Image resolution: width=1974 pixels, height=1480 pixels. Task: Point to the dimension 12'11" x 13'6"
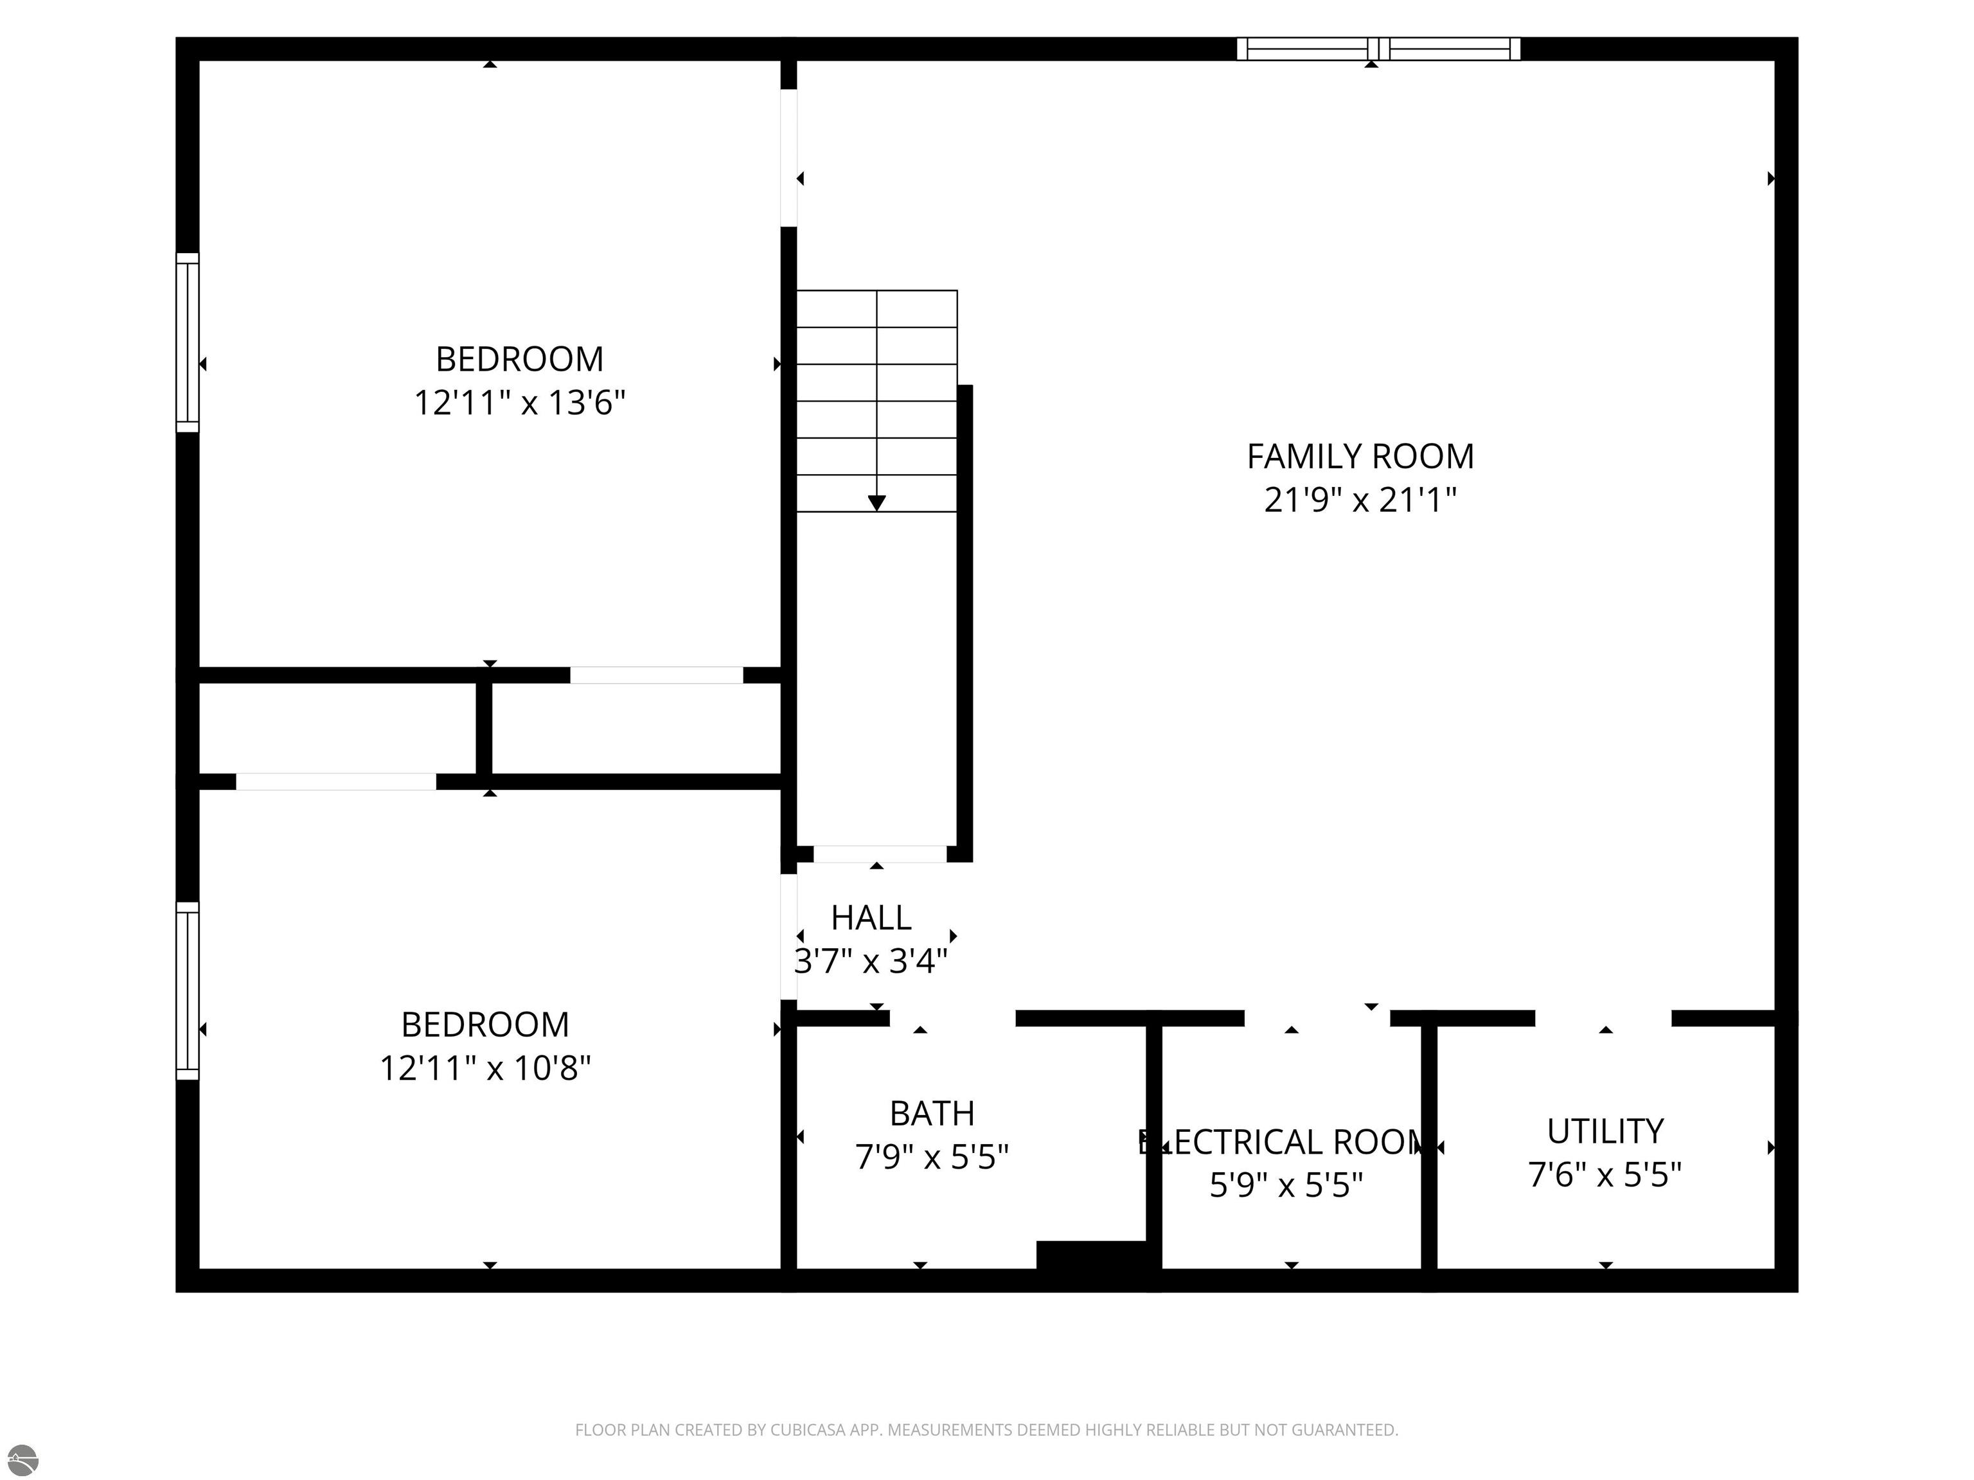coord(519,403)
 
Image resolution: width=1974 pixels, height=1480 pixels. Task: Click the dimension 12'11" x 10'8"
coord(486,1068)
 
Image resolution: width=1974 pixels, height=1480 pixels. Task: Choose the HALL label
coord(871,917)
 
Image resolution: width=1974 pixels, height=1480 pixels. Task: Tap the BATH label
coord(932,1113)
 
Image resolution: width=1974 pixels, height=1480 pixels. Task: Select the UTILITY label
coord(1605,1131)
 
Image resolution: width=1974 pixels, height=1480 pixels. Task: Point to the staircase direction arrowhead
coord(876,503)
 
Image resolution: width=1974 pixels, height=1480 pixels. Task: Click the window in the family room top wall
coord(1378,49)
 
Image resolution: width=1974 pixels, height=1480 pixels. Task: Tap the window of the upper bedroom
coord(188,342)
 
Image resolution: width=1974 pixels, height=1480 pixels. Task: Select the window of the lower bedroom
coord(188,991)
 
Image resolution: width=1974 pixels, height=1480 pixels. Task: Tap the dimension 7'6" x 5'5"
coord(1605,1175)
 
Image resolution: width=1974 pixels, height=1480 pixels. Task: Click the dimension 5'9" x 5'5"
coord(1286,1186)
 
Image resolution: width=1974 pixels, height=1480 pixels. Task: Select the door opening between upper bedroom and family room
coord(789,158)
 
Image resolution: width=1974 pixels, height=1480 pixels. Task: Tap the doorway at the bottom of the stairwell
coord(879,854)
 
